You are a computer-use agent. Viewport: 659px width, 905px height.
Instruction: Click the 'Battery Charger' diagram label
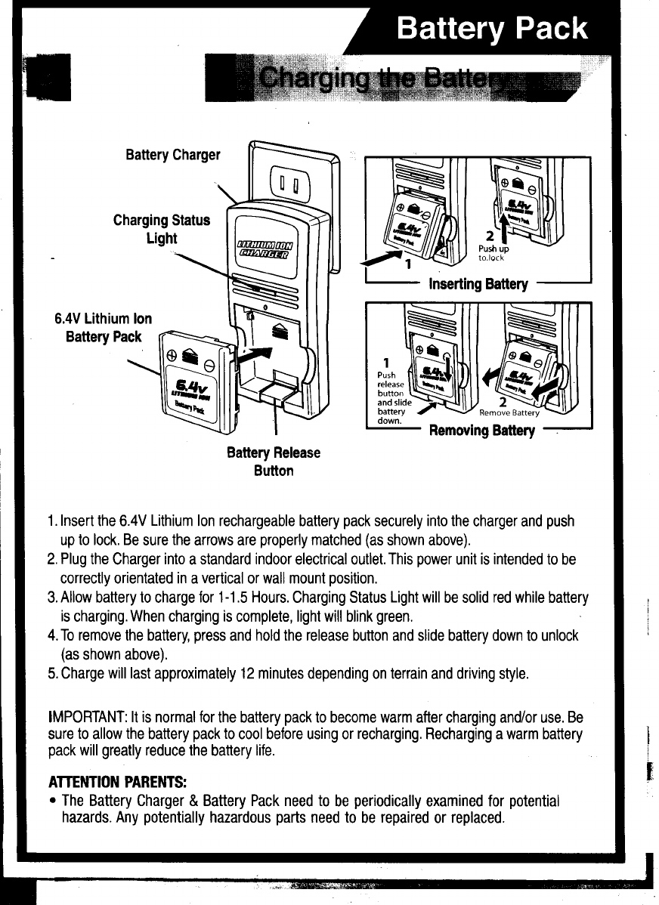coord(173,156)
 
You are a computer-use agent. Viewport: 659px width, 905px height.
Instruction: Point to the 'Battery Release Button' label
coord(274,462)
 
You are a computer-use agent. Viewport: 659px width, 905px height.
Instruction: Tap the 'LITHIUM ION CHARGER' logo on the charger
coord(266,250)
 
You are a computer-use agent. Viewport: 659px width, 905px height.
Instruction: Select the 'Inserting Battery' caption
coord(478,284)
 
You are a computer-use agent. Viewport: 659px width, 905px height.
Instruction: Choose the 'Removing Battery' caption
coord(481,431)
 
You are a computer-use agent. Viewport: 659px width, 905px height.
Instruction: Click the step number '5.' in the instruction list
coord(51,673)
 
